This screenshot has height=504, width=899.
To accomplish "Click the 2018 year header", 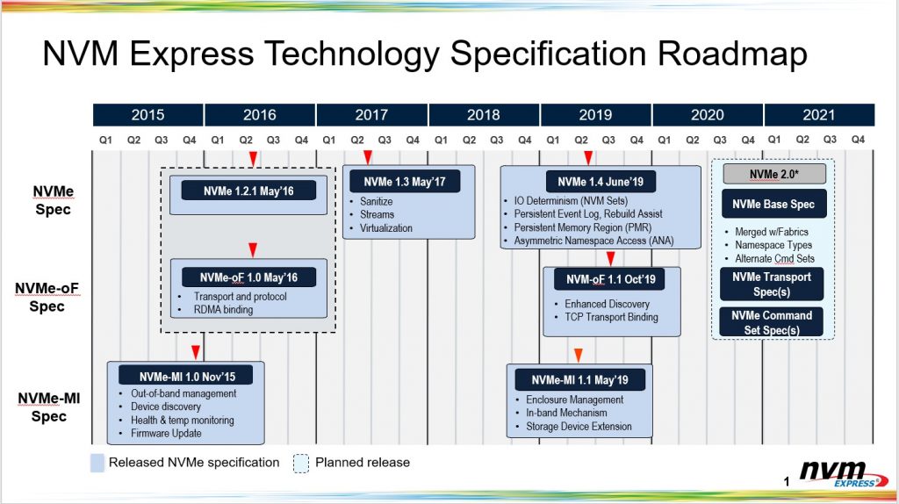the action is (x=484, y=115).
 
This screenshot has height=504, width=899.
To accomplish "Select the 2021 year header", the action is (x=819, y=115).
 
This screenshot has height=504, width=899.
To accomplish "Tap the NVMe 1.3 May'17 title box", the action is (x=405, y=182).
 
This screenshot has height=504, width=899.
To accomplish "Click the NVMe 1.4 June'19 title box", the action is (x=601, y=182).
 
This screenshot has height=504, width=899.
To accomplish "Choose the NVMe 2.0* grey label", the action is (x=774, y=174).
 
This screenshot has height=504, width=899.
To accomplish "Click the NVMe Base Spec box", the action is (x=773, y=204).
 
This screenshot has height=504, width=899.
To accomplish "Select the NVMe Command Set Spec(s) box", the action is (x=772, y=322).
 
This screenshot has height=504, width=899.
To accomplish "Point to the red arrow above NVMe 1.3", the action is (x=368, y=157).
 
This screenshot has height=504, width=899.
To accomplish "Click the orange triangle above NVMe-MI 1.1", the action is (x=579, y=356).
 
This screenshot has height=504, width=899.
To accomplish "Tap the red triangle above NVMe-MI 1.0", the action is (x=196, y=352).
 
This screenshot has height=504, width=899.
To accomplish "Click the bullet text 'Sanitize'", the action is (x=376, y=201).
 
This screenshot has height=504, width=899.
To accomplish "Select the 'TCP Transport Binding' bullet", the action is (x=611, y=317).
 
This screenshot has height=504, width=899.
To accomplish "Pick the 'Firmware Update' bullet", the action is (x=166, y=434).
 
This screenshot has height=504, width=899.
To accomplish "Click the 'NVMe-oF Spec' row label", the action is (x=47, y=297).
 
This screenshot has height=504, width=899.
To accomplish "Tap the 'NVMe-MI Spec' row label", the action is (x=49, y=407).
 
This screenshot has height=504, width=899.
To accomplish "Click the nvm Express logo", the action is (x=842, y=474).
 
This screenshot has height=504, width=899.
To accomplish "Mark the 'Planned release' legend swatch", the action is (x=301, y=464).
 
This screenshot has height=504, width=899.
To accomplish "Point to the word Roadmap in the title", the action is (x=732, y=54).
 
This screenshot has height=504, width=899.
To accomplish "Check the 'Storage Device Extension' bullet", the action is (x=579, y=427).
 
